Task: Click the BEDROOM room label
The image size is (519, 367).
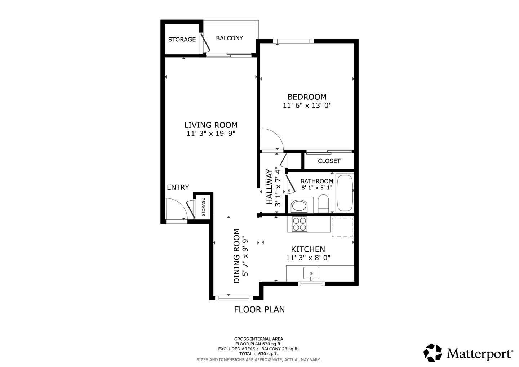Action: (x=307, y=97)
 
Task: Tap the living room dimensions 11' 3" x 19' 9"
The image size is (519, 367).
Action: (x=211, y=134)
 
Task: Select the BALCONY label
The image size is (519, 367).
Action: (x=229, y=38)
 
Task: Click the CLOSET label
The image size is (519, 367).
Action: (x=329, y=161)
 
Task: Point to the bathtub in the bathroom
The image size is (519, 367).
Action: (x=345, y=193)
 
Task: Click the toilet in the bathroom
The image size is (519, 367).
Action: (x=323, y=204)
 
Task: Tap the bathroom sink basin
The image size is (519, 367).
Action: (x=299, y=206)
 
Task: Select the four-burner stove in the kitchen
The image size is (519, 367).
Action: (x=300, y=224)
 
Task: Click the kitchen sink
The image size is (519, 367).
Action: (x=311, y=273)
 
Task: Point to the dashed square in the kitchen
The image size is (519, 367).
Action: (x=342, y=227)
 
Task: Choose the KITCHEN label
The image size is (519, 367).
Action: (x=308, y=249)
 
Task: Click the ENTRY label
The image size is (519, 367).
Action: (x=178, y=187)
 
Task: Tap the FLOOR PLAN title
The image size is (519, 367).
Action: (x=259, y=309)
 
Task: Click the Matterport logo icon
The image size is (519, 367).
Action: (x=432, y=353)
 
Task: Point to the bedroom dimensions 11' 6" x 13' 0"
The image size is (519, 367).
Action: (x=307, y=106)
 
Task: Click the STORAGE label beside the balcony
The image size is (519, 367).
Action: (x=182, y=40)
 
